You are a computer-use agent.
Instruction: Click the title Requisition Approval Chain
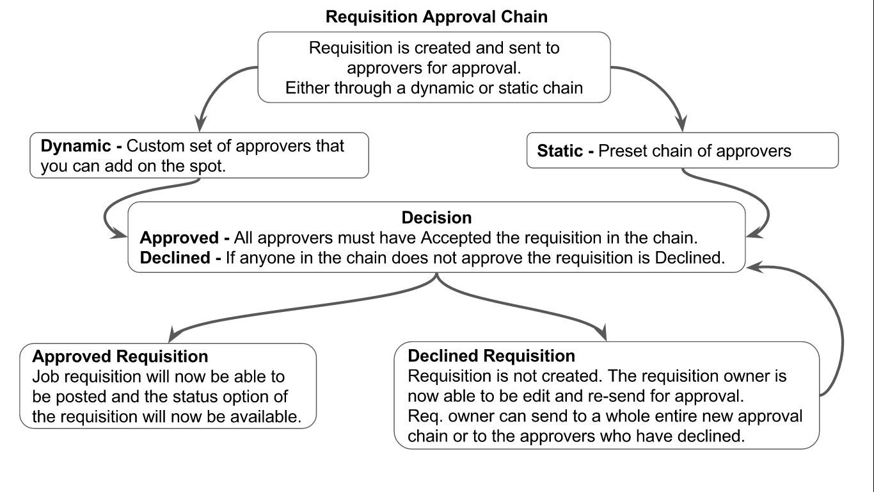(x=436, y=17)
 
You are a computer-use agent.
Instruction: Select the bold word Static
(x=560, y=151)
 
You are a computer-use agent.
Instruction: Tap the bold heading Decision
(x=437, y=218)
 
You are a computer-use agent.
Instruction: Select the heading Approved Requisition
(x=120, y=356)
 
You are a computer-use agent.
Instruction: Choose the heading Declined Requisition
(x=491, y=356)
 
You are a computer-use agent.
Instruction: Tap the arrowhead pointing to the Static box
(x=683, y=124)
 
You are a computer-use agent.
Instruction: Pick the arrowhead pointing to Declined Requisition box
(x=601, y=334)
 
